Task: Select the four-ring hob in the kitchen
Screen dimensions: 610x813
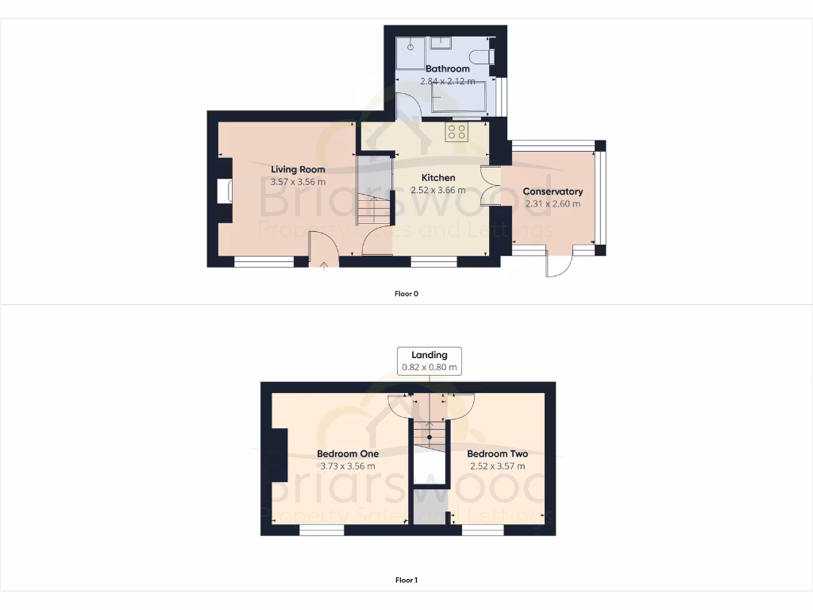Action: click(457, 132)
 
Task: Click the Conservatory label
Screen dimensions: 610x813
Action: click(553, 191)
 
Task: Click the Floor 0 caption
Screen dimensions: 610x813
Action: click(406, 294)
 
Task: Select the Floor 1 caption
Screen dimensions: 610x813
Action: click(406, 581)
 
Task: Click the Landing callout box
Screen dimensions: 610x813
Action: click(430, 361)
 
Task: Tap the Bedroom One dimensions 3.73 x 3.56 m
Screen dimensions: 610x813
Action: click(348, 466)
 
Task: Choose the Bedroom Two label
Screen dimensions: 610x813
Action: click(497, 454)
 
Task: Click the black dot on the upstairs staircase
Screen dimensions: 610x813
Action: click(430, 437)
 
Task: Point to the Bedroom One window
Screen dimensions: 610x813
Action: click(321, 531)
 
